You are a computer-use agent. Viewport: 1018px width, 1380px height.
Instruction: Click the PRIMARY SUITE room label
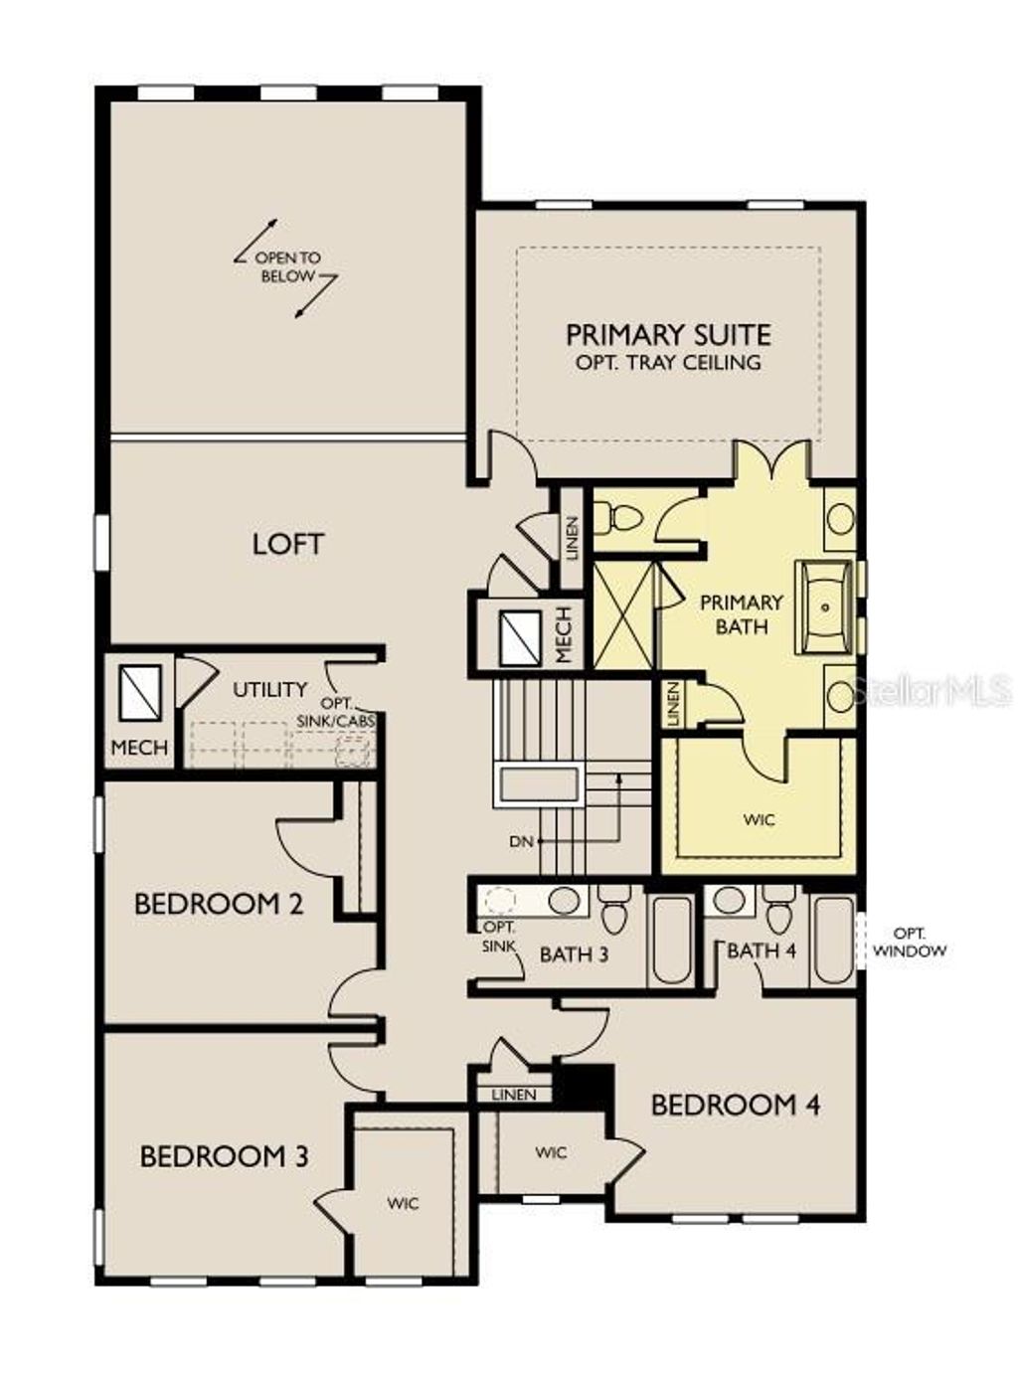click(x=668, y=334)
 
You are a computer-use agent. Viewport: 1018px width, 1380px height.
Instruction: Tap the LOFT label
click(x=287, y=544)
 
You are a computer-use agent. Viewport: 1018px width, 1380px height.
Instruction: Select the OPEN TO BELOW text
click(x=287, y=266)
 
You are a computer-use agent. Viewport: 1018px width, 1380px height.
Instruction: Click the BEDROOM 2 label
click(x=219, y=904)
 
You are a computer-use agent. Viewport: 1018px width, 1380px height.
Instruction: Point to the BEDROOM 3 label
click(x=224, y=1156)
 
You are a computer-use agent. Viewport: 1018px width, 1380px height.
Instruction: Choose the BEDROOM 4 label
click(x=736, y=1105)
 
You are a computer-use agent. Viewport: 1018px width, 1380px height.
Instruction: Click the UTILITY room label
click(x=269, y=688)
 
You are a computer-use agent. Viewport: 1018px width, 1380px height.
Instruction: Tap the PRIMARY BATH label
click(x=742, y=614)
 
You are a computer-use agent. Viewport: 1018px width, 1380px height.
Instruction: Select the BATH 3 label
click(x=574, y=954)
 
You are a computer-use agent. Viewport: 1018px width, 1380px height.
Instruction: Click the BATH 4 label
click(x=762, y=950)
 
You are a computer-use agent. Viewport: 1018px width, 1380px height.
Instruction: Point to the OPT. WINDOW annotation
click(x=910, y=942)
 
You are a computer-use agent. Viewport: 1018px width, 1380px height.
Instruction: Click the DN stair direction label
click(x=521, y=841)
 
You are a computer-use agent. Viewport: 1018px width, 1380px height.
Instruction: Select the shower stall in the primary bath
click(x=624, y=614)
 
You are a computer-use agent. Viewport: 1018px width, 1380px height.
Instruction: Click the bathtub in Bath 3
click(x=672, y=939)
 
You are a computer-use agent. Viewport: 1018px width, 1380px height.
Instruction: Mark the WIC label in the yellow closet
click(x=759, y=820)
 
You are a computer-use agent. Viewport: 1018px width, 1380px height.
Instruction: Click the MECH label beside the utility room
click(x=139, y=747)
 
